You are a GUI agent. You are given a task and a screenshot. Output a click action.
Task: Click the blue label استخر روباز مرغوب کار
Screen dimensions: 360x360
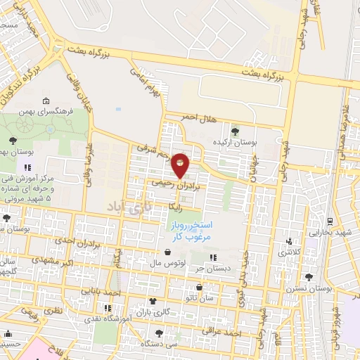coord(188,231)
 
